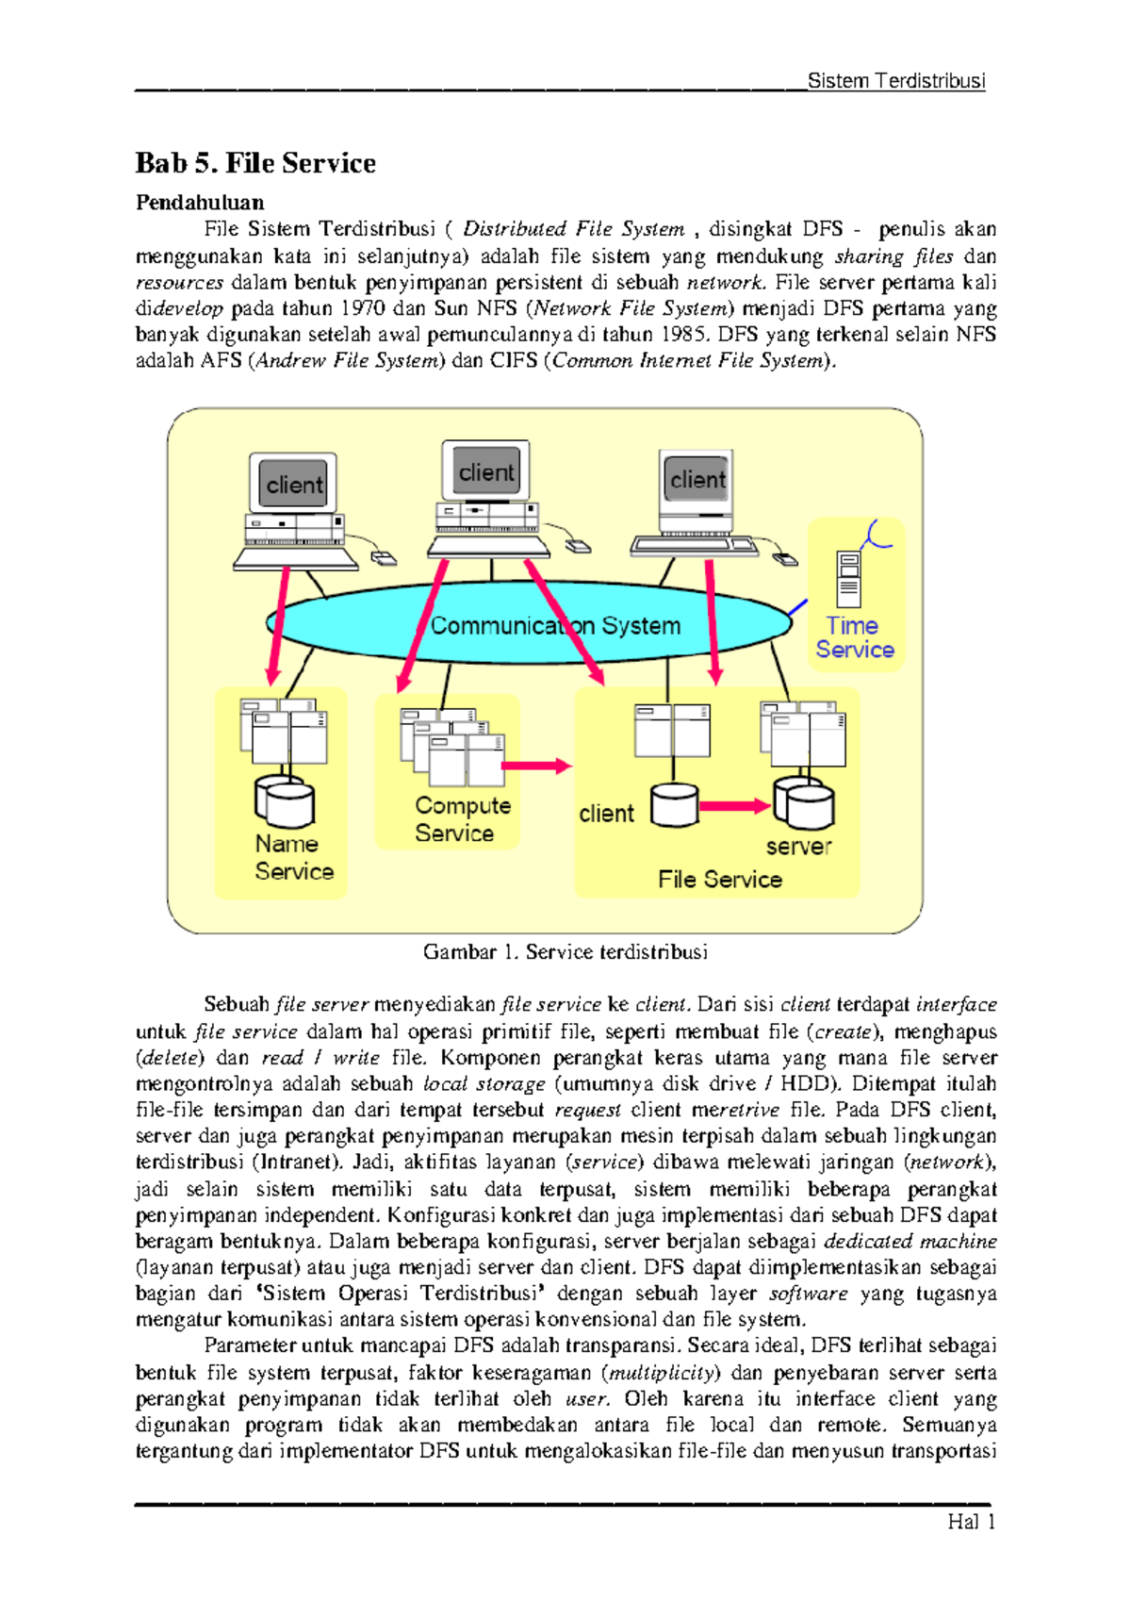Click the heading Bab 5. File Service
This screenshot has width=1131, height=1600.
pos(255,163)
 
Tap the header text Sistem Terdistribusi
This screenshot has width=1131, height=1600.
pos(895,81)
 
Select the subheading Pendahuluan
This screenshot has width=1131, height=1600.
pos(200,202)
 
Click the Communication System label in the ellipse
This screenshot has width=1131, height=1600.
pos(555,625)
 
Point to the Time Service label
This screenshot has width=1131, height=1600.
pos(855,637)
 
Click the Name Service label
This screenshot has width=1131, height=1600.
pos(293,857)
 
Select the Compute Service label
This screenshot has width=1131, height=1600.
pos(462,818)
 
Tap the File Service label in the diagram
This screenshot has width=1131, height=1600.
pos(720,879)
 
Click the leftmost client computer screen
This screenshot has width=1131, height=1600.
pos(294,485)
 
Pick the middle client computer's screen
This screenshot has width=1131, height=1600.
pos(486,471)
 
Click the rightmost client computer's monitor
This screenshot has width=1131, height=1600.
pos(697,479)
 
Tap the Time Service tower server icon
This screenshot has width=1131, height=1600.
pos(849,579)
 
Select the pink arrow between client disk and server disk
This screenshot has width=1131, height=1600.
pos(734,805)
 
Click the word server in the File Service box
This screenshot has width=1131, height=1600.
pos(798,846)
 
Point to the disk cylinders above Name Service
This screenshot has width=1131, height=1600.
pos(285,801)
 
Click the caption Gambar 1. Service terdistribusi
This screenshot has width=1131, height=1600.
pos(565,951)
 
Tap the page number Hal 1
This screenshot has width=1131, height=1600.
pos(972,1521)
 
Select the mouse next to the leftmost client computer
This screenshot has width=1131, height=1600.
pos(384,559)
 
